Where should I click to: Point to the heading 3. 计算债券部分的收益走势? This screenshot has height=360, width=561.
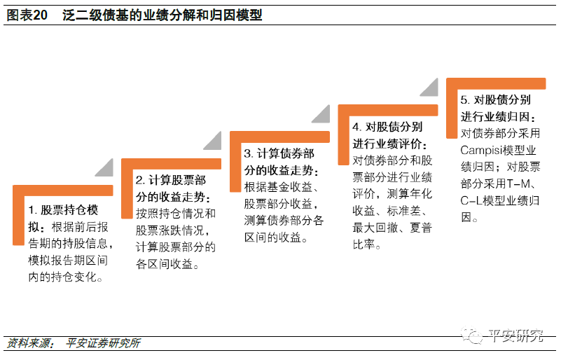coord(279,162)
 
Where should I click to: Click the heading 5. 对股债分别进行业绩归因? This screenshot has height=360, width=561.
coord(497,108)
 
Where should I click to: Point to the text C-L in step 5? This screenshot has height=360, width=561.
coord(471,201)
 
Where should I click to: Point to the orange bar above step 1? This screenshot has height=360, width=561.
coord(63,191)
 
